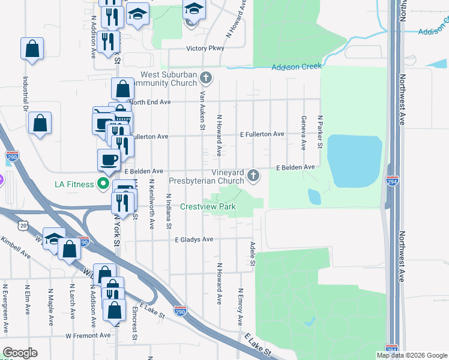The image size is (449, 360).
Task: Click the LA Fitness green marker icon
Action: (103, 184)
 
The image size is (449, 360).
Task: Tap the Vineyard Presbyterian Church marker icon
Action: (254, 175)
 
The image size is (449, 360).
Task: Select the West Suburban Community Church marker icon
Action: (206, 77)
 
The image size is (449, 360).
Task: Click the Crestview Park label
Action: (208, 207)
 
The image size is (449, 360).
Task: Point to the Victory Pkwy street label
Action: (204, 48)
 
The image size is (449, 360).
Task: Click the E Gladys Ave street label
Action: (194, 239)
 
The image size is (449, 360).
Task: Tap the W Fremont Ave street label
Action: (88, 335)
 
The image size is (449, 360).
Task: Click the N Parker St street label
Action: (321, 132)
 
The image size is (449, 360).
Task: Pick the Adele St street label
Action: (252, 254)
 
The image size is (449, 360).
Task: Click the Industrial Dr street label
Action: (26, 95)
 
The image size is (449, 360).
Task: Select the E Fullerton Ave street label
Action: (262, 134)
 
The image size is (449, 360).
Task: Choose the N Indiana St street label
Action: (169, 211)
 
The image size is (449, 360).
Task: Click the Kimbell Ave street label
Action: (14, 247)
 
